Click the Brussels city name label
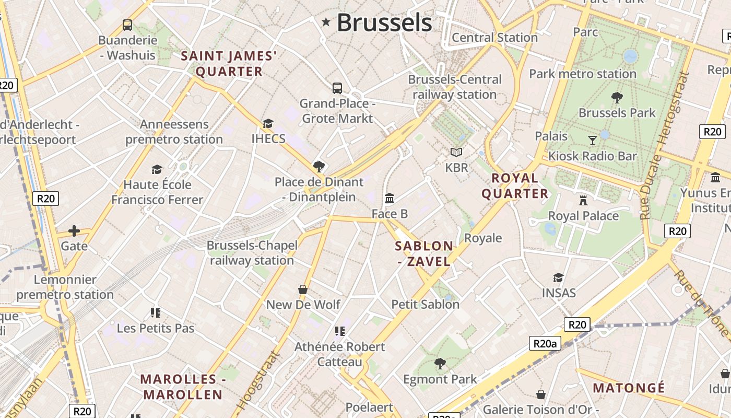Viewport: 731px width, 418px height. [384, 22]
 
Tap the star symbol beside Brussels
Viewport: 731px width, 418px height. [326, 22]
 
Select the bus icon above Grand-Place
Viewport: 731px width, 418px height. [337, 88]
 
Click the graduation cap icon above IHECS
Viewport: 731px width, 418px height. [268, 123]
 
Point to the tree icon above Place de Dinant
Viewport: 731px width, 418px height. [319, 167]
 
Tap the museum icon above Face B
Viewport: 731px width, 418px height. [390, 199]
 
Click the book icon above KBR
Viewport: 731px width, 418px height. [456, 152]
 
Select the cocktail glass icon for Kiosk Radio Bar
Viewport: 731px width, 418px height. [592, 140]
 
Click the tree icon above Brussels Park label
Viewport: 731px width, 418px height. [617, 97]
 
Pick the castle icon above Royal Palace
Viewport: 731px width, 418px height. [583, 200]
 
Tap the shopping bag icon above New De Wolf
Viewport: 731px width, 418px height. [302, 289]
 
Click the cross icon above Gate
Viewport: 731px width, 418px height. [74, 230]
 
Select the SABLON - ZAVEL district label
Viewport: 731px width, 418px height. [424, 253]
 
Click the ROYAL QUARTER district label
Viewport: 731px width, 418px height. [515, 186]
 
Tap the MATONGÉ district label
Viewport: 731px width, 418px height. [629, 388]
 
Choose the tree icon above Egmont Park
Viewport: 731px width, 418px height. [440, 363]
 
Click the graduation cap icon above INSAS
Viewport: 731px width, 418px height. [558, 277]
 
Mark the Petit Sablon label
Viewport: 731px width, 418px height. [425, 304]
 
